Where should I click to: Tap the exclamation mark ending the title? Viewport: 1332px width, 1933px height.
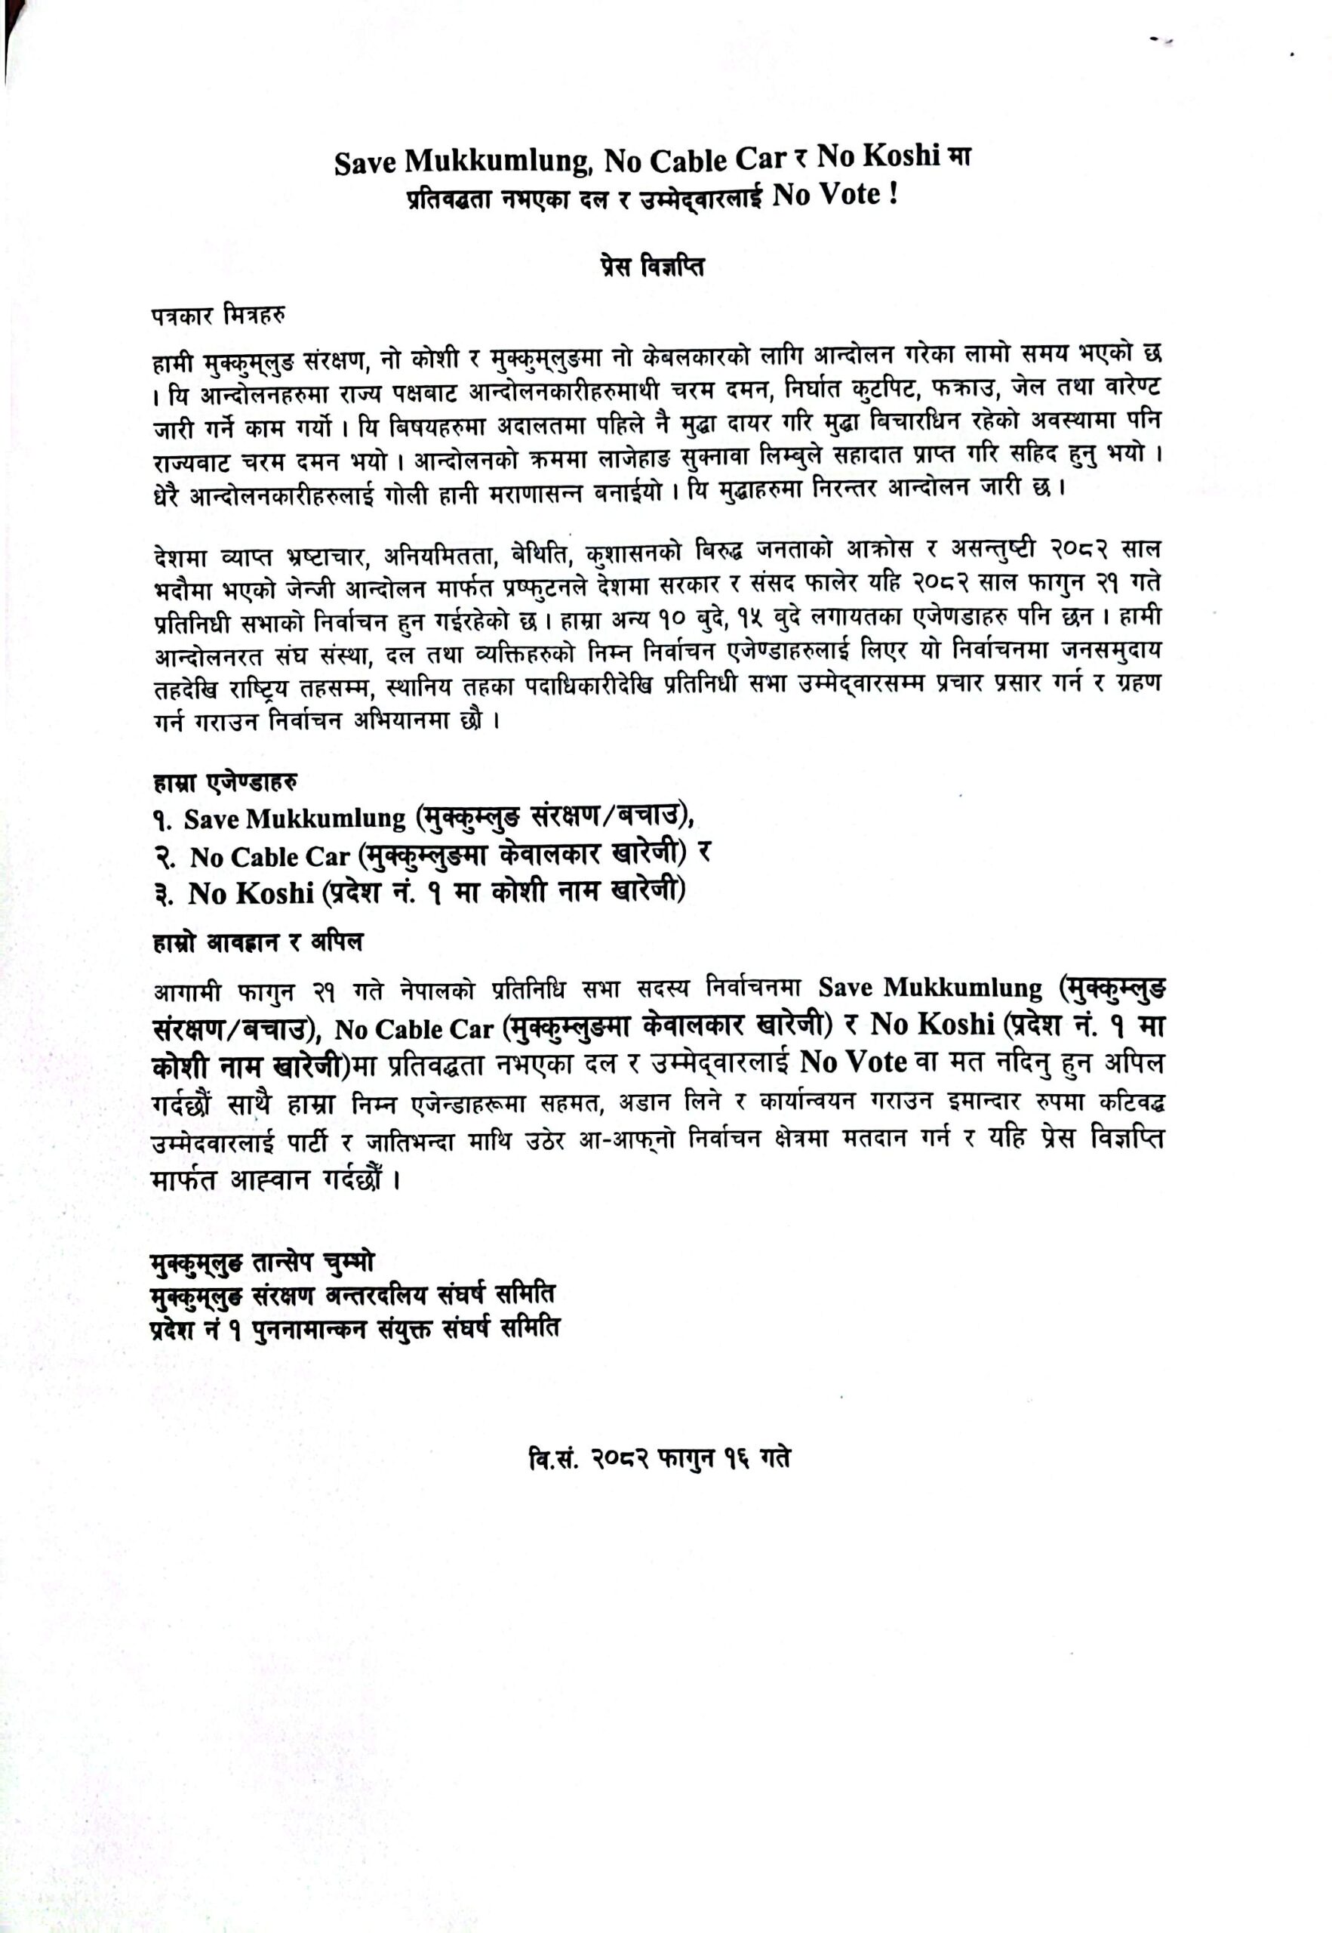click(x=894, y=196)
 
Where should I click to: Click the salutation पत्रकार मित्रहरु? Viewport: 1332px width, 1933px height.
click(x=219, y=317)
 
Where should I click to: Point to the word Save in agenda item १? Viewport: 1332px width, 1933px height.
click(x=212, y=819)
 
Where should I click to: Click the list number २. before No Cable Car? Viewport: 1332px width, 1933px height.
click(x=165, y=857)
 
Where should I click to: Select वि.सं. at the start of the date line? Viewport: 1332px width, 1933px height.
click(x=552, y=1459)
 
